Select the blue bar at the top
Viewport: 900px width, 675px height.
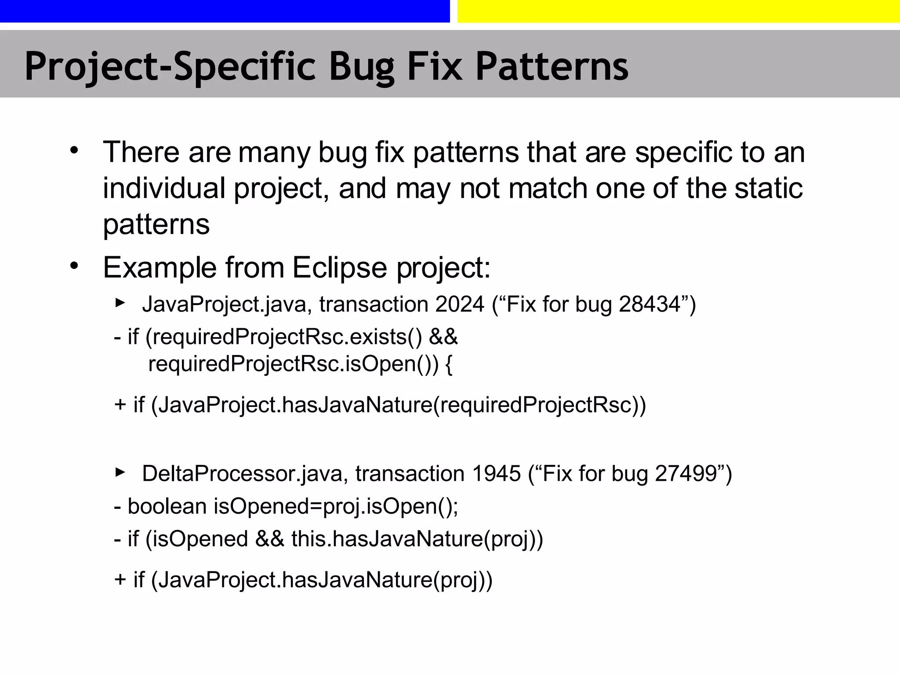pos(225,11)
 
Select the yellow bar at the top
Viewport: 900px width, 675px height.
pos(679,11)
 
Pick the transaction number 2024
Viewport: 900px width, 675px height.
pos(460,304)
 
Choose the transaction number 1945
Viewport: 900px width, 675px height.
pos(496,474)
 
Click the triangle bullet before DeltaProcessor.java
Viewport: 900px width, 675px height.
pos(120,472)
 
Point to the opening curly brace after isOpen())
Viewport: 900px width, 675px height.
pos(449,365)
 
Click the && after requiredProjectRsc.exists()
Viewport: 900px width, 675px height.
pos(443,337)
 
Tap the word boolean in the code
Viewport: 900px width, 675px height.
pos(167,506)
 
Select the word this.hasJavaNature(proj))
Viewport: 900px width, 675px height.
pos(417,539)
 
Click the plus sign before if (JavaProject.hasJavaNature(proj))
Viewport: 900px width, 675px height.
pos(120,580)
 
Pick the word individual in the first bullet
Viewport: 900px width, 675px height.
pos(164,188)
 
